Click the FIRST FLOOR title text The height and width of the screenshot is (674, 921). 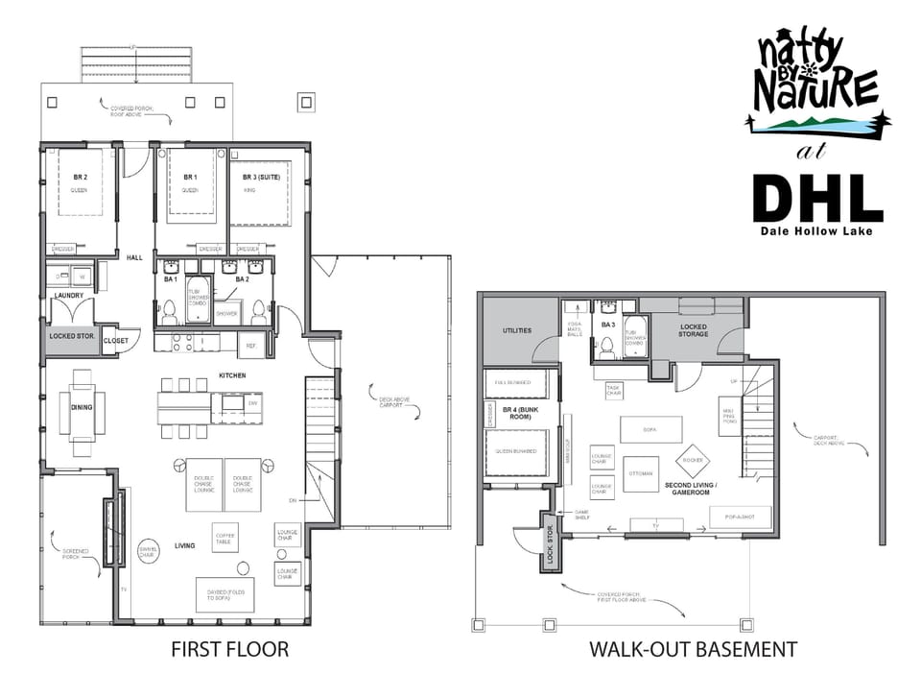click(229, 649)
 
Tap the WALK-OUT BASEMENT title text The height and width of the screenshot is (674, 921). click(692, 649)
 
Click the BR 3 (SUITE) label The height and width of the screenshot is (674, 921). click(261, 178)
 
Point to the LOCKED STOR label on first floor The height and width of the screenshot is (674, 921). click(70, 337)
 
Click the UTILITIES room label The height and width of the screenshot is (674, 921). click(518, 330)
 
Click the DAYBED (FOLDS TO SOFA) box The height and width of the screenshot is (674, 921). click(224, 595)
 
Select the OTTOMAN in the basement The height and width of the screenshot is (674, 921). click(641, 473)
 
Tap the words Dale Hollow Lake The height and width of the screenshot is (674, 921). click(817, 231)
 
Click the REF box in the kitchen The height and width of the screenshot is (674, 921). click(250, 345)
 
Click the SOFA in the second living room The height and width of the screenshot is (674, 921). click(650, 429)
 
